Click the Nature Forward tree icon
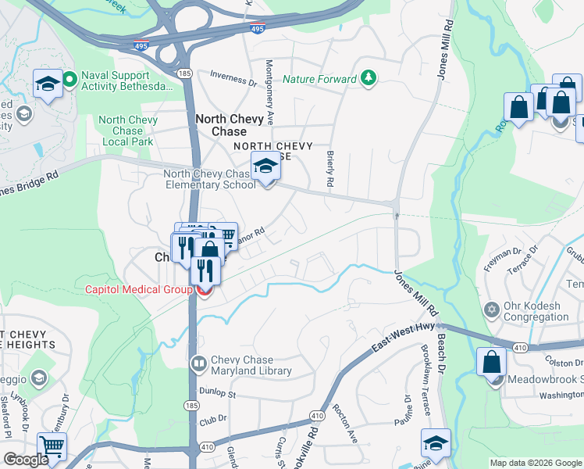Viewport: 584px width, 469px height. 368,79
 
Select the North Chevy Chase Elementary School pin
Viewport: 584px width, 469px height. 265,168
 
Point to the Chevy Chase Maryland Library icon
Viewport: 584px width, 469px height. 199,364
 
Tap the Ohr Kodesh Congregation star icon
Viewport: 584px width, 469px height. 491,311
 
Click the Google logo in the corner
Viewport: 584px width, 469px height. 26,460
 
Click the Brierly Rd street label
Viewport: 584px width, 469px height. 330,169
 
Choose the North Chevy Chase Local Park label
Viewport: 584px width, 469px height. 126,131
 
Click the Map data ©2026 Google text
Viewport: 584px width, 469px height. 536,463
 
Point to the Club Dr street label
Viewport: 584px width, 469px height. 212,419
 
